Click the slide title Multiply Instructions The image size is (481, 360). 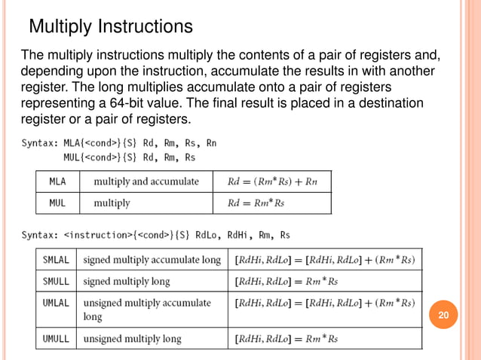click(111, 27)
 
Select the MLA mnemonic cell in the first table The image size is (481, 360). click(57, 182)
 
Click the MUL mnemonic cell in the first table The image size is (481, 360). click(57, 203)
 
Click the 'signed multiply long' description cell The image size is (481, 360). click(127, 281)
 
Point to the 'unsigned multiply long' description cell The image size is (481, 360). click(133, 339)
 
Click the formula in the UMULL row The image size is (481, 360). click(286, 339)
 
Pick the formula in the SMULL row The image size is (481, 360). click(286, 281)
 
